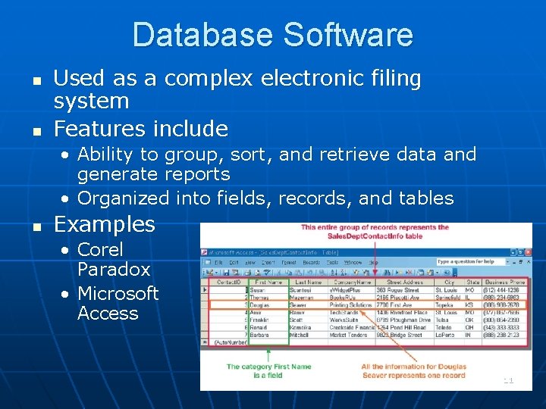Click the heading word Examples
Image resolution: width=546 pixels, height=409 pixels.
(x=105, y=224)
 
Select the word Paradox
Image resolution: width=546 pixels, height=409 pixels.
(x=114, y=269)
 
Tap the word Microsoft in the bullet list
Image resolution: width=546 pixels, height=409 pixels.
(x=118, y=293)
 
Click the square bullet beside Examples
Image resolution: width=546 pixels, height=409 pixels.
(x=36, y=226)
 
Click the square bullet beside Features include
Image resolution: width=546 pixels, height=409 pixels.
(x=36, y=130)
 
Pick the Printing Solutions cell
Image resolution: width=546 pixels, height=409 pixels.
(x=351, y=304)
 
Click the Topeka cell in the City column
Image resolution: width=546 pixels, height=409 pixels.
(x=444, y=304)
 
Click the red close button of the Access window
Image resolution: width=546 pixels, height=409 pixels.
(x=526, y=251)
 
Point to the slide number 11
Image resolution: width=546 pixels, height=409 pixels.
(x=508, y=380)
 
